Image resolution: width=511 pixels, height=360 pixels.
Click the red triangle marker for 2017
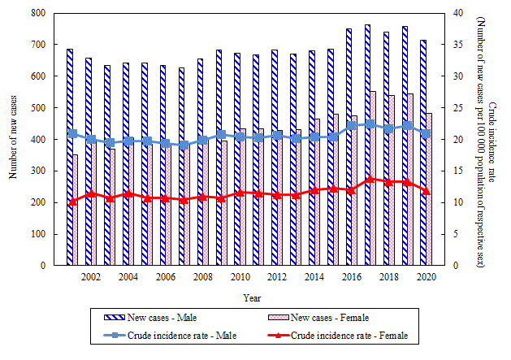(370, 179)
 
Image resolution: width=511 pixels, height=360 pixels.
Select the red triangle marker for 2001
(73, 202)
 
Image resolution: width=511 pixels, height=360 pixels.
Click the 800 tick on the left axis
(48, 13)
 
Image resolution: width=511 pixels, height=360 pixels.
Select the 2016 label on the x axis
(353, 277)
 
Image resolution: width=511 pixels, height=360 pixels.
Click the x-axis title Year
(252, 297)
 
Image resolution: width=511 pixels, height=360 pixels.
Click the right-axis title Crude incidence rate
(492, 138)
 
